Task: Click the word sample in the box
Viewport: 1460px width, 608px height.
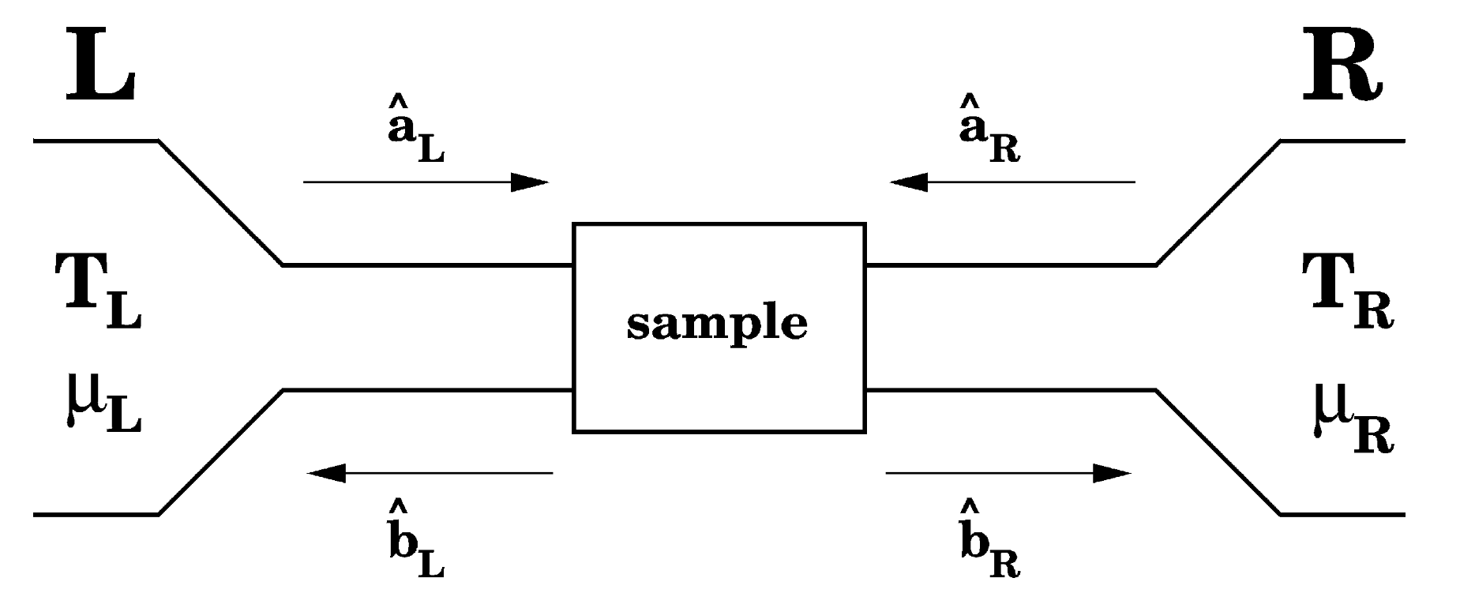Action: tap(717, 324)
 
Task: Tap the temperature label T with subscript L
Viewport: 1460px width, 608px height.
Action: tap(96, 292)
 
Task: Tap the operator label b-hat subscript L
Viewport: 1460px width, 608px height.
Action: tap(415, 539)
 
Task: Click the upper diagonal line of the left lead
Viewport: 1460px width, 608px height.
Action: tap(220, 203)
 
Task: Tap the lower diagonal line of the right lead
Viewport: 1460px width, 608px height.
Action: tap(1218, 452)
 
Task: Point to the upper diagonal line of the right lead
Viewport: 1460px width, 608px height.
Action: tap(1218, 203)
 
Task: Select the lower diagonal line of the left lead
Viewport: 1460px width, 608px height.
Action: tap(220, 452)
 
